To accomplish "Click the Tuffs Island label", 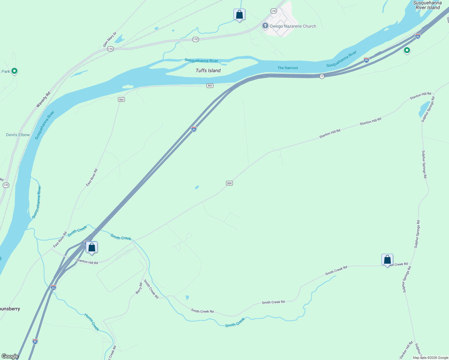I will click(x=208, y=70).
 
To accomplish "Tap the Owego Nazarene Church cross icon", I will click(x=265, y=26).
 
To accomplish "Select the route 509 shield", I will click(x=229, y=183).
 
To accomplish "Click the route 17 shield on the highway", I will click(x=322, y=76).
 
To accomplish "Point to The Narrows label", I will click(x=288, y=68).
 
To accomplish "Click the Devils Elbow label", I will click(x=18, y=135).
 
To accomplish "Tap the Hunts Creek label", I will click(x=92, y=322).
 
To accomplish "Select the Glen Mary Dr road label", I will click(x=110, y=39).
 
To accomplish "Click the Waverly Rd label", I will click(x=43, y=100).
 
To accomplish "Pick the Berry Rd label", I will click(x=139, y=288).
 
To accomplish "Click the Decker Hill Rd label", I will click(x=406, y=350).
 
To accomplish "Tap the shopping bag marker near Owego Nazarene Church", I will click(x=239, y=14).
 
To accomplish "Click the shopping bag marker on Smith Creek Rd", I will click(x=387, y=259).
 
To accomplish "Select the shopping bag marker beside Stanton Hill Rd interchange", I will click(x=92, y=247).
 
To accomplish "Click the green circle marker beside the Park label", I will click(x=14, y=71).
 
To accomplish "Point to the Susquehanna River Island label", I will click(x=427, y=5).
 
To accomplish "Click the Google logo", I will click(x=10, y=356).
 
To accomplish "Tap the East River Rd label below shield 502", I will click(x=92, y=177).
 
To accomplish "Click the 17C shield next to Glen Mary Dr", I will click(x=110, y=49).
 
